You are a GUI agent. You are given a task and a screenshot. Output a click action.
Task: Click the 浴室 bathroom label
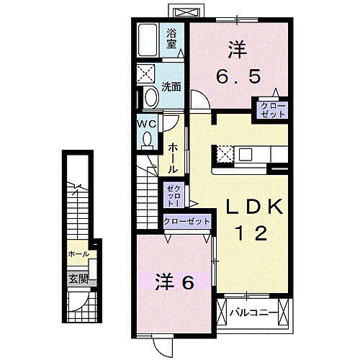coord(172,37)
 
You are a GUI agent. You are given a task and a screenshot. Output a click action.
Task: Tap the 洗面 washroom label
coord(171,88)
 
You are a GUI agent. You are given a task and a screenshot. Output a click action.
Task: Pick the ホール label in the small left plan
coord(78,255)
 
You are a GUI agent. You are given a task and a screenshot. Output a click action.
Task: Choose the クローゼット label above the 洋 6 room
coord(187,222)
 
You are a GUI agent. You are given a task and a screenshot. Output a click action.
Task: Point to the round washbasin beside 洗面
coord(150,97)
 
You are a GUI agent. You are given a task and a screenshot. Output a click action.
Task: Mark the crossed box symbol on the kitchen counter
coord(225,154)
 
